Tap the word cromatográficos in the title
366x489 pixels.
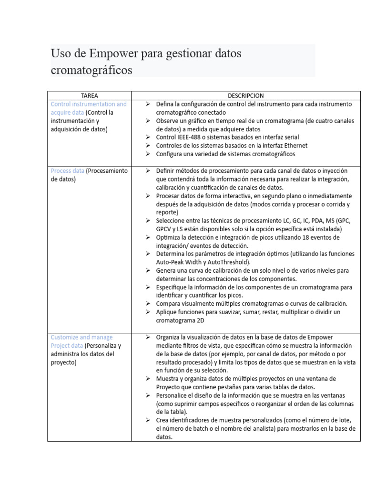91,70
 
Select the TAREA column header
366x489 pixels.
89,96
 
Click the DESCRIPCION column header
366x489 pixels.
245,96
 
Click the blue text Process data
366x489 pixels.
67,170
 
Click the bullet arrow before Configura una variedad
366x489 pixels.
148,154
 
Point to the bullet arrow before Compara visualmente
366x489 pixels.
148,304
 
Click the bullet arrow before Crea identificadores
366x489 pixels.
148,420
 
